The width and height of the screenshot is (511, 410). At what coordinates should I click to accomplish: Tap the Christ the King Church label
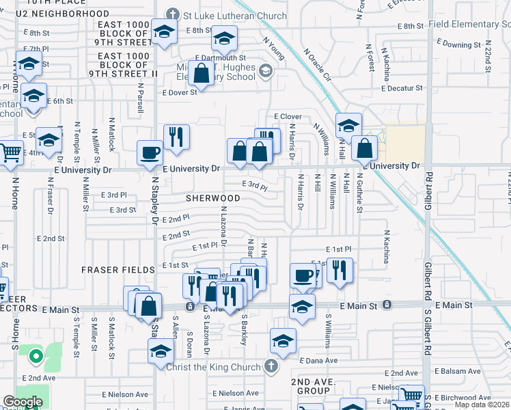(213, 367)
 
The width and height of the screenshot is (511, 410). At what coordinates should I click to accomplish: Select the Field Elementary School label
(471, 25)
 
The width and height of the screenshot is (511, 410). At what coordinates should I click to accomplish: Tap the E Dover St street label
(179, 92)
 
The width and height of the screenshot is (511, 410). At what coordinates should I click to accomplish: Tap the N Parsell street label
(140, 102)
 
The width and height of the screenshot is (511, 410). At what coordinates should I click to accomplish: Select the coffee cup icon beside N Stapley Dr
(150, 153)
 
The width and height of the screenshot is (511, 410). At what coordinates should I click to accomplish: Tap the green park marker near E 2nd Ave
(33, 355)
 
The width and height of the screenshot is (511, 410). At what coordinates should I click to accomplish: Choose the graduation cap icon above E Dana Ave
(283, 340)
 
